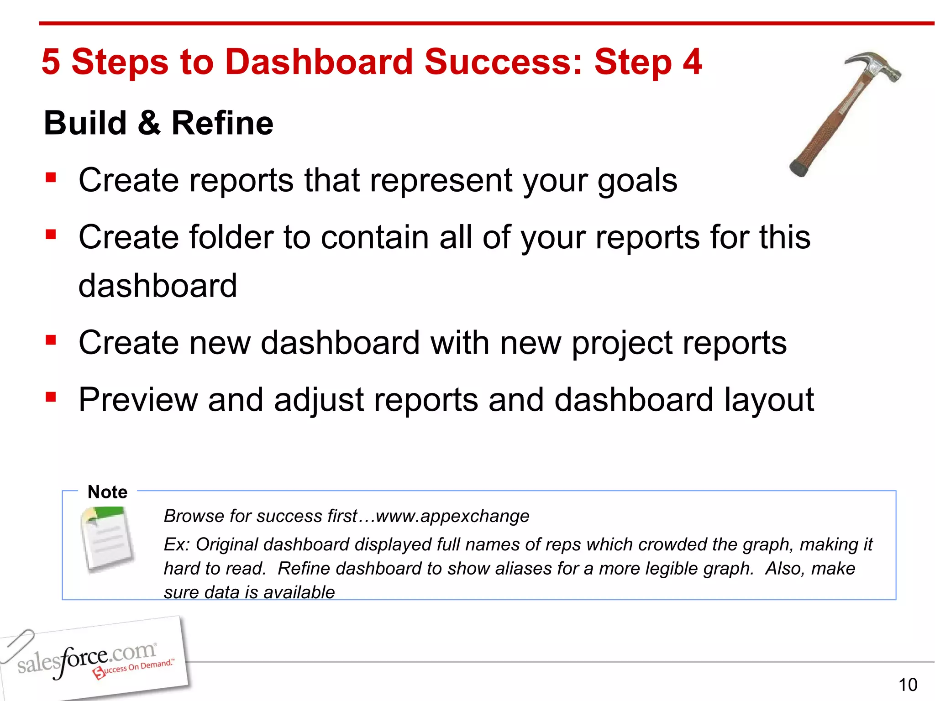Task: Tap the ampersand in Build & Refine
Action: (x=149, y=123)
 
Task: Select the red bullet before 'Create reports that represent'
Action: (x=51, y=177)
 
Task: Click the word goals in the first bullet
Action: (x=637, y=181)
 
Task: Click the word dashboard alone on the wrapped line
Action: (x=158, y=286)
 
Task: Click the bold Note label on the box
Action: (x=107, y=492)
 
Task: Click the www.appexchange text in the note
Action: (x=452, y=516)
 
